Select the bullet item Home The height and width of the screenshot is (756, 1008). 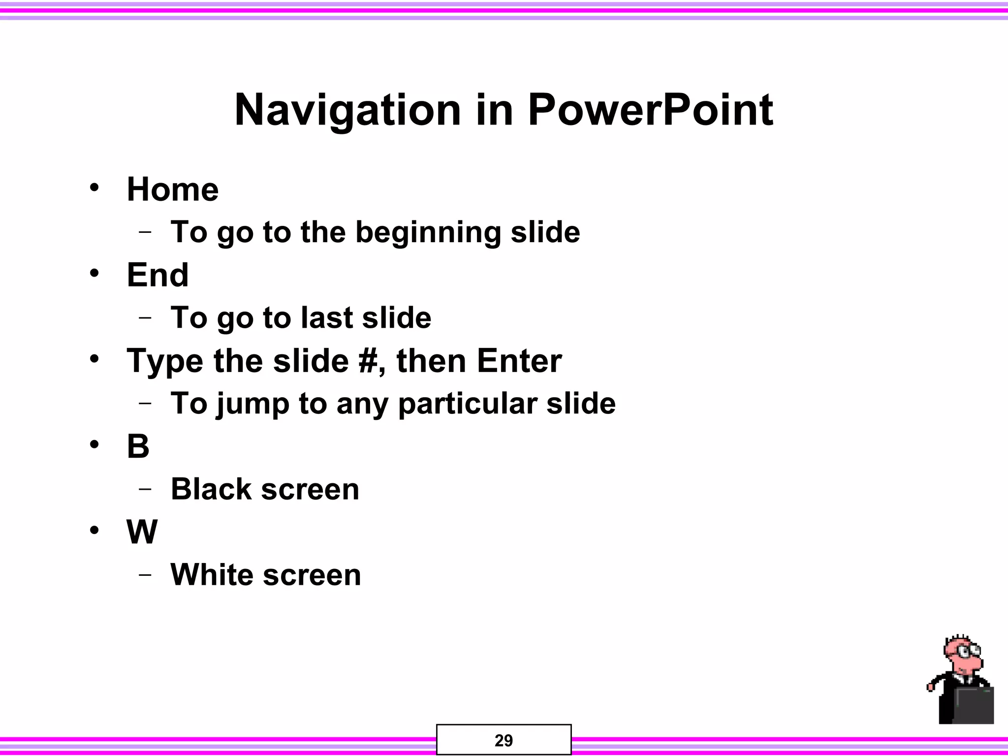[x=173, y=189]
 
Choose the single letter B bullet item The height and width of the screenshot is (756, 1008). [x=138, y=446]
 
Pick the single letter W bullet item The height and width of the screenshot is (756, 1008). [x=142, y=532]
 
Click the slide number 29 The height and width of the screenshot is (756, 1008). [x=504, y=740]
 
